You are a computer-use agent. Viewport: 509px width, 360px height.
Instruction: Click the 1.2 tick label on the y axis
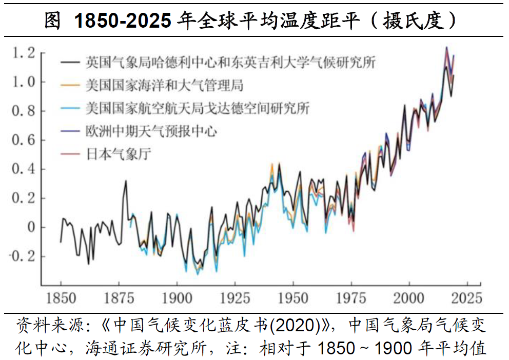[x=24, y=52]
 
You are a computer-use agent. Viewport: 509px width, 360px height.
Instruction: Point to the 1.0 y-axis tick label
[x=24, y=82]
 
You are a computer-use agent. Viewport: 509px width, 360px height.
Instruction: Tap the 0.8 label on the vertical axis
[x=24, y=111]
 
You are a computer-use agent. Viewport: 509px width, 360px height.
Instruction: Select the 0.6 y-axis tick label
[x=24, y=140]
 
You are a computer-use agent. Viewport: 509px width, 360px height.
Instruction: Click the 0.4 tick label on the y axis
[x=24, y=169]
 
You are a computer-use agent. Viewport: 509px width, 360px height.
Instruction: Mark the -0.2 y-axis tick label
[x=22, y=256]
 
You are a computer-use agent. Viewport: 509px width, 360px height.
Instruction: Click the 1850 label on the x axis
[x=61, y=298]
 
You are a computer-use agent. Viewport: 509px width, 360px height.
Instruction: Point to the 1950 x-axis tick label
[x=293, y=298]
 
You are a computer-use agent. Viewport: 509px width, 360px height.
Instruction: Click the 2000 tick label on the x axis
[x=409, y=298]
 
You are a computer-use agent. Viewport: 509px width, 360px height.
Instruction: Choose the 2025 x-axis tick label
[x=467, y=298]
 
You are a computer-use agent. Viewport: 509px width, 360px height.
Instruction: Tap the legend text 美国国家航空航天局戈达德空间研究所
[x=197, y=108]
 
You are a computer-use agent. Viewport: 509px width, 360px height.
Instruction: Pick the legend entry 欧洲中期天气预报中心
[x=151, y=131]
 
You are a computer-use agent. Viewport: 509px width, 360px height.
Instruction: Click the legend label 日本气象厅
[x=118, y=154]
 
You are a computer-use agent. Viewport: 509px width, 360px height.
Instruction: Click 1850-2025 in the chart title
[x=123, y=21]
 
